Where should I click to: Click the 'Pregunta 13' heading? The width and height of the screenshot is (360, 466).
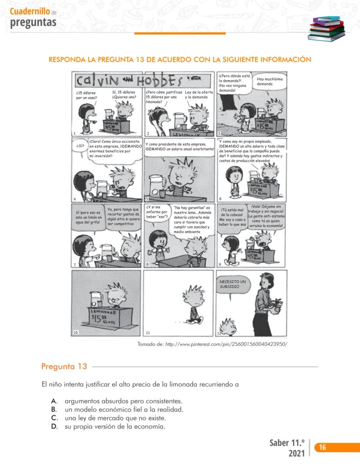(64, 366)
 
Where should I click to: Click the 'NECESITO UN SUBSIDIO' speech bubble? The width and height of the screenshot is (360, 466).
(233, 285)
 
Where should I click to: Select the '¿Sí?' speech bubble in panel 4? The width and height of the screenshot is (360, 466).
(80, 146)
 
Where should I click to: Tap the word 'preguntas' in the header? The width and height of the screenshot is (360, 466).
(33, 23)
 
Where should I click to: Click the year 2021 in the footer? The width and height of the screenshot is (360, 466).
(296, 453)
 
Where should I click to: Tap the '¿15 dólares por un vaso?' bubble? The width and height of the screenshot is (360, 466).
(86, 95)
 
